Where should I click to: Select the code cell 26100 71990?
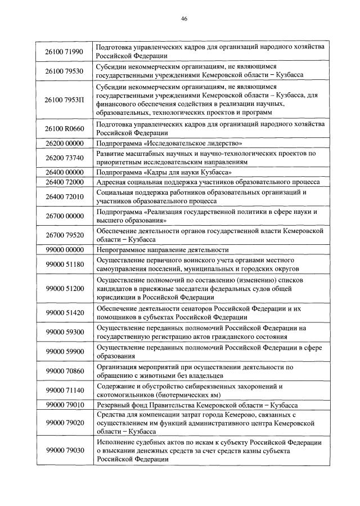pyautogui.click(x=64, y=52)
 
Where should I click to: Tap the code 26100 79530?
pyautogui.click(x=64, y=71)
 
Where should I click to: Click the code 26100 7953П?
pyautogui.click(x=64, y=100)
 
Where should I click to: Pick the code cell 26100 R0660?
pyautogui.click(x=64, y=128)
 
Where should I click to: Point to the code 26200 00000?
pyautogui.click(x=64, y=144)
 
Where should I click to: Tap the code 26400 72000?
pyautogui.click(x=64, y=182)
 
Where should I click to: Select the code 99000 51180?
pyautogui.click(x=64, y=264)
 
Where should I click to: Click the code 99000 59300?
pyautogui.click(x=64, y=332)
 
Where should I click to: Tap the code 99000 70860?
pyautogui.click(x=64, y=371)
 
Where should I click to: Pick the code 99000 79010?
pyautogui.click(x=64, y=405)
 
